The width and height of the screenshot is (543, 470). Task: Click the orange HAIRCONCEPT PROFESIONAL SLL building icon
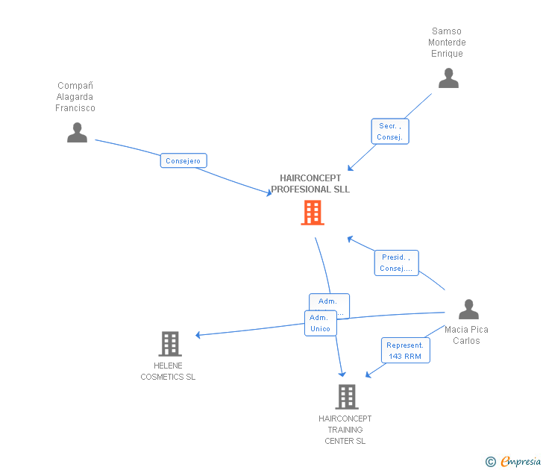313,213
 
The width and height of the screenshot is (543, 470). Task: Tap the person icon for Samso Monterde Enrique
448,78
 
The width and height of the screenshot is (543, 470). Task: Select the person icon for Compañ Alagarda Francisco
77,133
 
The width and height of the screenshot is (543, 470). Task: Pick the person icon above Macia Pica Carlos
468,309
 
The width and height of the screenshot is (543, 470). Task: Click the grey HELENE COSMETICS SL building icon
170,344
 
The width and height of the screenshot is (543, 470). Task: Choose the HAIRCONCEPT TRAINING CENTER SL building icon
346,397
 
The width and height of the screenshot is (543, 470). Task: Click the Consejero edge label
183,160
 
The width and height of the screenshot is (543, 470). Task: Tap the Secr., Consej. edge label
390,131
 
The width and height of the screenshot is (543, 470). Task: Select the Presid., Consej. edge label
396,263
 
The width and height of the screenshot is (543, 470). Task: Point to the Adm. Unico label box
320,323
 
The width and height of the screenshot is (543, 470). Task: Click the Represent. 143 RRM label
405,351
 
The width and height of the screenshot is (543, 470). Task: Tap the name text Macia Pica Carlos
466,335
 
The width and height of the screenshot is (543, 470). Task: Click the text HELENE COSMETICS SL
168,372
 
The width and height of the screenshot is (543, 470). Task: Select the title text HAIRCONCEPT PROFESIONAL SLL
310,184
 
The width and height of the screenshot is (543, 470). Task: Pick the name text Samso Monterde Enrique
447,43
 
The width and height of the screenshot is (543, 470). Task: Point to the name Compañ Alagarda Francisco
75,97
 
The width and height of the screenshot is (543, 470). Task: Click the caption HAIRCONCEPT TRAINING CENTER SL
345,430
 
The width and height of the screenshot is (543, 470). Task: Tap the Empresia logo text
521,462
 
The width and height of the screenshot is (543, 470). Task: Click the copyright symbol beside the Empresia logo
490,462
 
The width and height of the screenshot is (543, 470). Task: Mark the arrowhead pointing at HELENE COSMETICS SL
199,335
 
